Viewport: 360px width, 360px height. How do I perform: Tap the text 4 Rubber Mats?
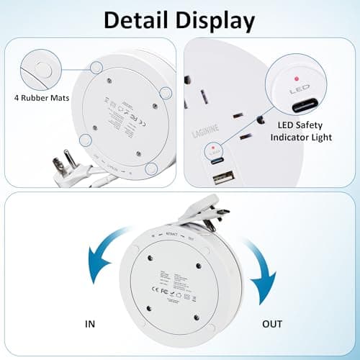[37, 97]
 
